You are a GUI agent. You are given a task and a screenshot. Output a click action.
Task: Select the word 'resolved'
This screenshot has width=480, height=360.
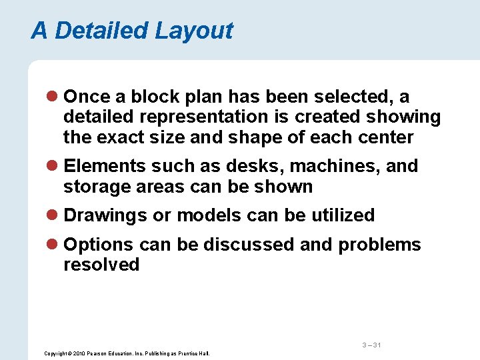[x=101, y=265]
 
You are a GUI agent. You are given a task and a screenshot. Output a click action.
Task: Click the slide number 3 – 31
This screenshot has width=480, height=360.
[x=371, y=345]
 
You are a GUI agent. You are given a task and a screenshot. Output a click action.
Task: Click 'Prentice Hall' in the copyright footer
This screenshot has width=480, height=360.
[x=195, y=353]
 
